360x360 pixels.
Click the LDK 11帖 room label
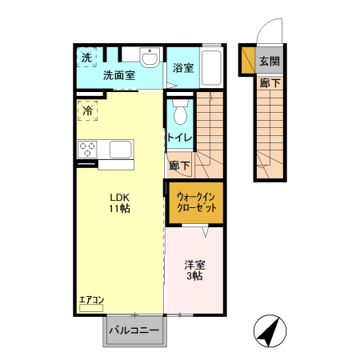[x=120, y=202]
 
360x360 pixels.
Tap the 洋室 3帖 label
[x=194, y=270]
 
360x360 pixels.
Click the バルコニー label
[x=134, y=330]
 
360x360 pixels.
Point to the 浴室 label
[x=182, y=68]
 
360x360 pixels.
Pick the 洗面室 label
[x=118, y=76]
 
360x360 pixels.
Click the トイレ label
[x=178, y=138]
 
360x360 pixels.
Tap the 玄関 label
[x=269, y=61]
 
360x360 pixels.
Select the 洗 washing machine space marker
[x=86, y=58]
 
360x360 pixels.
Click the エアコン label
[x=91, y=301]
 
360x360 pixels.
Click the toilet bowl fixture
[x=179, y=112]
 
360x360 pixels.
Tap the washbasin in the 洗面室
[x=149, y=58]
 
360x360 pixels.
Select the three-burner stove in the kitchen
[x=87, y=149]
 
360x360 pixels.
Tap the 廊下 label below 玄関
[x=269, y=82]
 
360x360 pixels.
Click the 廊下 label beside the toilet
[x=180, y=166]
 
